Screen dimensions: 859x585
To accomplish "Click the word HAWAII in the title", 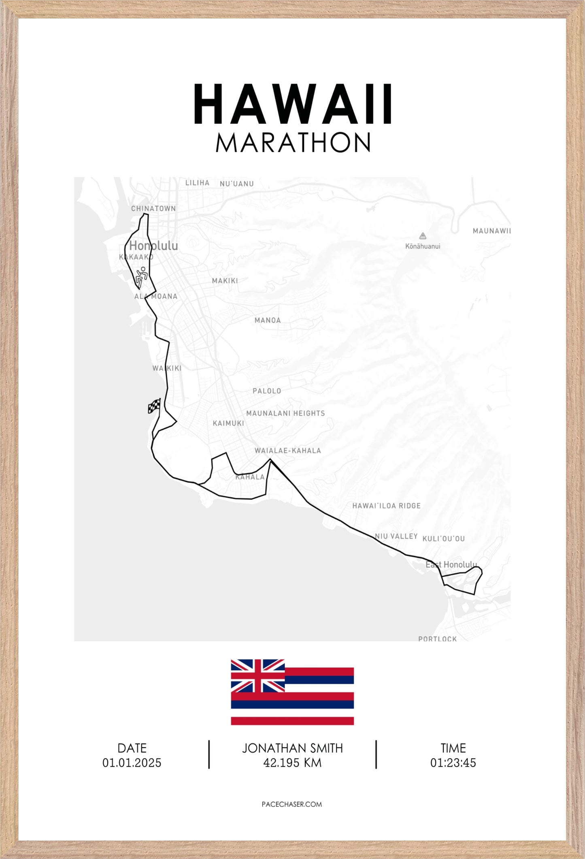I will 293,104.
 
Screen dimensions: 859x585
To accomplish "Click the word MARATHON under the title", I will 293,143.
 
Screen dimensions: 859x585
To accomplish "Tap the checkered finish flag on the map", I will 154,406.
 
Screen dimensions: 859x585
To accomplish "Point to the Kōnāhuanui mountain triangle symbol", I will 423,236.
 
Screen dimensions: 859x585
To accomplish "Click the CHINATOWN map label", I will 153,208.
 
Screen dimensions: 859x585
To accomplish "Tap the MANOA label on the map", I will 268,320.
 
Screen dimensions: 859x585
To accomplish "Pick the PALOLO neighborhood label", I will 267,391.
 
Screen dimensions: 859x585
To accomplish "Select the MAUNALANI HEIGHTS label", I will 285,413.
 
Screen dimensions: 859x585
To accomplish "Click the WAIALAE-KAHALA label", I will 287,451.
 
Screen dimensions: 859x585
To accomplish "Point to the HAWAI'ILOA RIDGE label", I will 386,506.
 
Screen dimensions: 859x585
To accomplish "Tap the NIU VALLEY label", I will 396,536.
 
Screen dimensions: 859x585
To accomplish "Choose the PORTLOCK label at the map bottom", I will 437,639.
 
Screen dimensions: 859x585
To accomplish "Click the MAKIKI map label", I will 225,280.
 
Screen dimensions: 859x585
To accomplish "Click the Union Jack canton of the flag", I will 258,675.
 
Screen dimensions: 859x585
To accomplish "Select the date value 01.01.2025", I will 132,763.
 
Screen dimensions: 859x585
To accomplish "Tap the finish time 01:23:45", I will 453,763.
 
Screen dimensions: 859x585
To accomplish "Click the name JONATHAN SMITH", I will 292,748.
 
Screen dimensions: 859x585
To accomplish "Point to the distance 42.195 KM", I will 292,763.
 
